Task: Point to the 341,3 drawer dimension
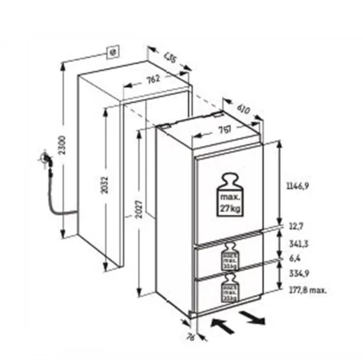(299, 244)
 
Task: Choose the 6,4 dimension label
(294, 258)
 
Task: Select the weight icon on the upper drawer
(230, 256)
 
